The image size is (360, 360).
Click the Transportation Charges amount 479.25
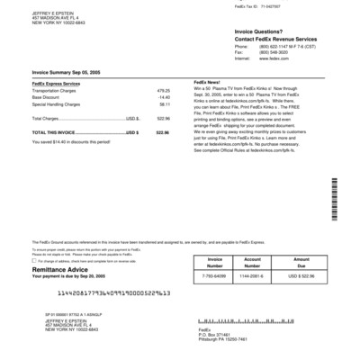click(163, 91)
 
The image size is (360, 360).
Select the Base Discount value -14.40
click(164, 97)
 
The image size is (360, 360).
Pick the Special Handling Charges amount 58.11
click(164, 103)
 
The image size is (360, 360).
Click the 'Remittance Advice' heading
click(62, 268)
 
